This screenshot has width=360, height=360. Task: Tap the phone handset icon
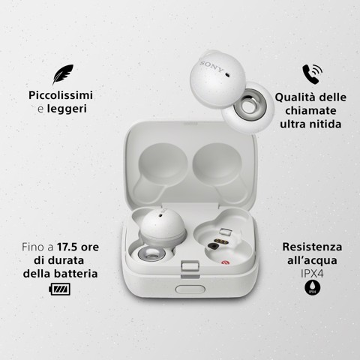tap(310, 73)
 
